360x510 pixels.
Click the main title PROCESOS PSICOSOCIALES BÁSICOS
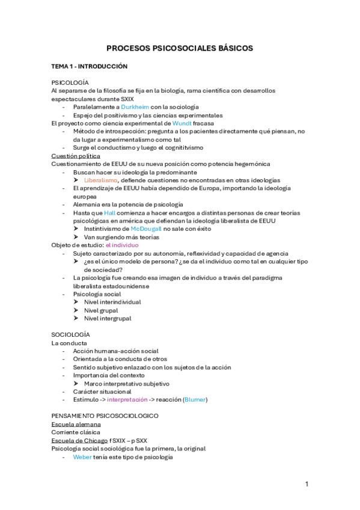click(x=180, y=48)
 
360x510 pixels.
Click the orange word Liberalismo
click(x=101, y=180)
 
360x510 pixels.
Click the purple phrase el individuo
click(x=122, y=245)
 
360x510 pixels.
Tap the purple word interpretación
click(x=129, y=399)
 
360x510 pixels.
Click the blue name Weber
click(x=82, y=457)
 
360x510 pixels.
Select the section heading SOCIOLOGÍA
click(x=71, y=334)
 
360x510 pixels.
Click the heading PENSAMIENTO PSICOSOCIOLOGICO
click(x=105, y=416)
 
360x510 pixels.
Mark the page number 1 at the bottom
click(x=307, y=484)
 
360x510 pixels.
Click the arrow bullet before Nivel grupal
click(x=76, y=310)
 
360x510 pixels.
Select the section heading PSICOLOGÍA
click(x=70, y=82)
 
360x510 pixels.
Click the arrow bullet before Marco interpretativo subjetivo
click(x=76, y=383)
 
